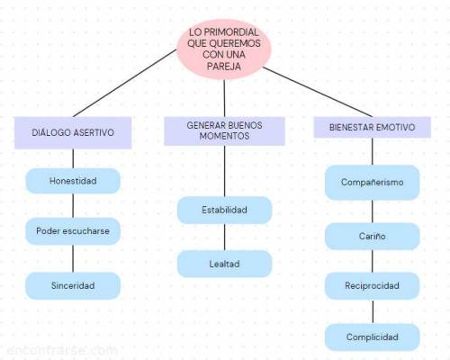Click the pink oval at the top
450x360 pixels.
(x=224, y=49)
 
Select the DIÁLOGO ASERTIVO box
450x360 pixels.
(x=73, y=132)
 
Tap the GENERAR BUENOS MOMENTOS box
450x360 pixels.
(x=224, y=131)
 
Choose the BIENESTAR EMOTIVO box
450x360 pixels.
(x=373, y=127)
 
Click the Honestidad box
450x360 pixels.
(x=73, y=181)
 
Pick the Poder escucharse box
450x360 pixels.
(x=73, y=231)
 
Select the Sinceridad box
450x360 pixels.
(x=73, y=285)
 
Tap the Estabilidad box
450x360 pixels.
(x=224, y=210)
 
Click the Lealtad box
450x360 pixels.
(x=224, y=264)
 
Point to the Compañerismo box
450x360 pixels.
(x=373, y=183)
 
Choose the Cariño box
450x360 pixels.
(x=373, y=237)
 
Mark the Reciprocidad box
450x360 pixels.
(x=373, y=285)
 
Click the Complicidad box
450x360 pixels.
(x=373, y=337)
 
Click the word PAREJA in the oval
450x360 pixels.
(x=224, y=67)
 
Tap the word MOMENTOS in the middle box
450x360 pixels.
(x=224, y=136)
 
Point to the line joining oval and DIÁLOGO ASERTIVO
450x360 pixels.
(x=125, y=83)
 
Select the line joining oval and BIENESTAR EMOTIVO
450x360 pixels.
(x=318, y=92)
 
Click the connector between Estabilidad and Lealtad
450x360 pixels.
(x=225, y=237)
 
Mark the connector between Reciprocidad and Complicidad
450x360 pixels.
(x=373, y=311)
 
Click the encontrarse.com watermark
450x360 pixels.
(x=62, y=350)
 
